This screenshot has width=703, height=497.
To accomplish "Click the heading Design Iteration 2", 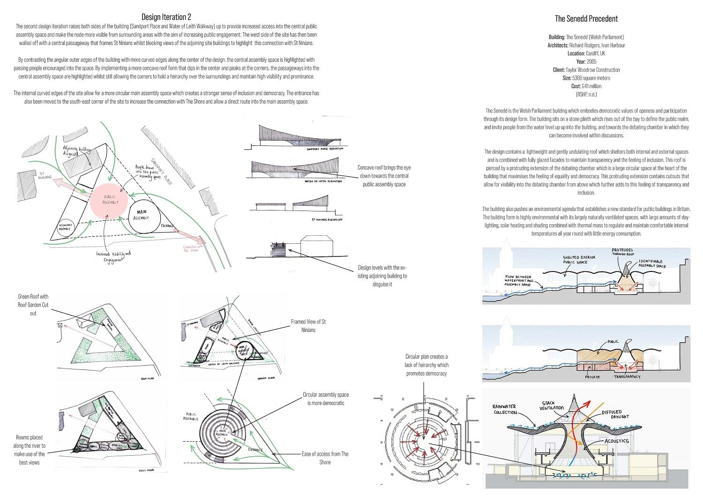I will pos(166,17).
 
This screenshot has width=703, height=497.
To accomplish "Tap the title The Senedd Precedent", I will pos(586,19).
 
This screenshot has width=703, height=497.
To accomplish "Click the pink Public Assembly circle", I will pos(111,199).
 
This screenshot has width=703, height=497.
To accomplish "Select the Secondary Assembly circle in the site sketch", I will pos(65,227).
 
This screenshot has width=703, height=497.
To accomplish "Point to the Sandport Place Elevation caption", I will pos(324,149).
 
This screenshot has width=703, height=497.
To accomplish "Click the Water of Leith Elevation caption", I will pos(323,181).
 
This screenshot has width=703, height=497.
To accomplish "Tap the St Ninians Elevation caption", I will pos(327,219).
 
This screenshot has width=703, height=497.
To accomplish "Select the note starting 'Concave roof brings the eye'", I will pos(384,176).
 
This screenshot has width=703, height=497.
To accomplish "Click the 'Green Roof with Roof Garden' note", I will pos(33,305).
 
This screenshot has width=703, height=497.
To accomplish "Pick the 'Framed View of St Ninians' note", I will pos(308,325).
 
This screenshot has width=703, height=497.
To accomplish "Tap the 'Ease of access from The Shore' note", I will pos(325,458).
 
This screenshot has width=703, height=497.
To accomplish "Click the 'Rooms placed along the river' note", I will pos(29,450).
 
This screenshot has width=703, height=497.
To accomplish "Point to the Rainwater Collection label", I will pos(505,409).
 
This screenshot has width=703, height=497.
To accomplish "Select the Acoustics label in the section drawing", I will pos(616,441).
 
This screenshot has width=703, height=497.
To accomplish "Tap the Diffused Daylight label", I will pos(615,414).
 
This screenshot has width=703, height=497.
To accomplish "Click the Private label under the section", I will pos(592,377).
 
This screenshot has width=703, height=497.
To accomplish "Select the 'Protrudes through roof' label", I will pos(623,252).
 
